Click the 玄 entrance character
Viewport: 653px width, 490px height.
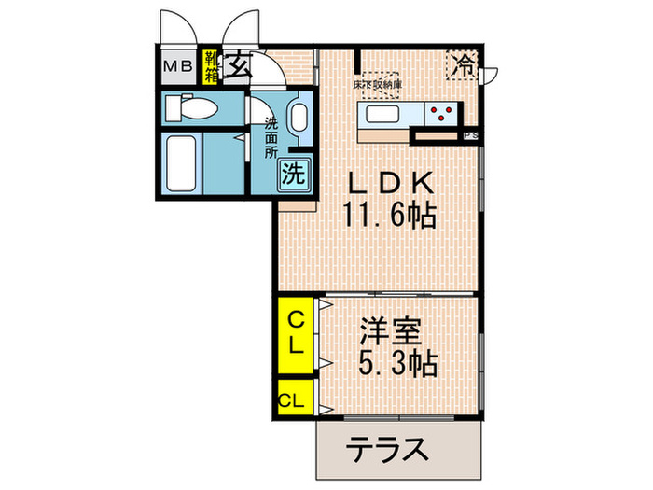point(239,65)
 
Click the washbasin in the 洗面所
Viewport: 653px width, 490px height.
point(299,119)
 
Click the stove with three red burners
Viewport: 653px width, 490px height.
point(441,115)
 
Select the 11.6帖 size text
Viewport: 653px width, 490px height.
point(389,217)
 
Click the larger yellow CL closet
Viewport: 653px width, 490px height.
point(295,333)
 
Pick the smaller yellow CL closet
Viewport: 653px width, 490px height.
point(291,401)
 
